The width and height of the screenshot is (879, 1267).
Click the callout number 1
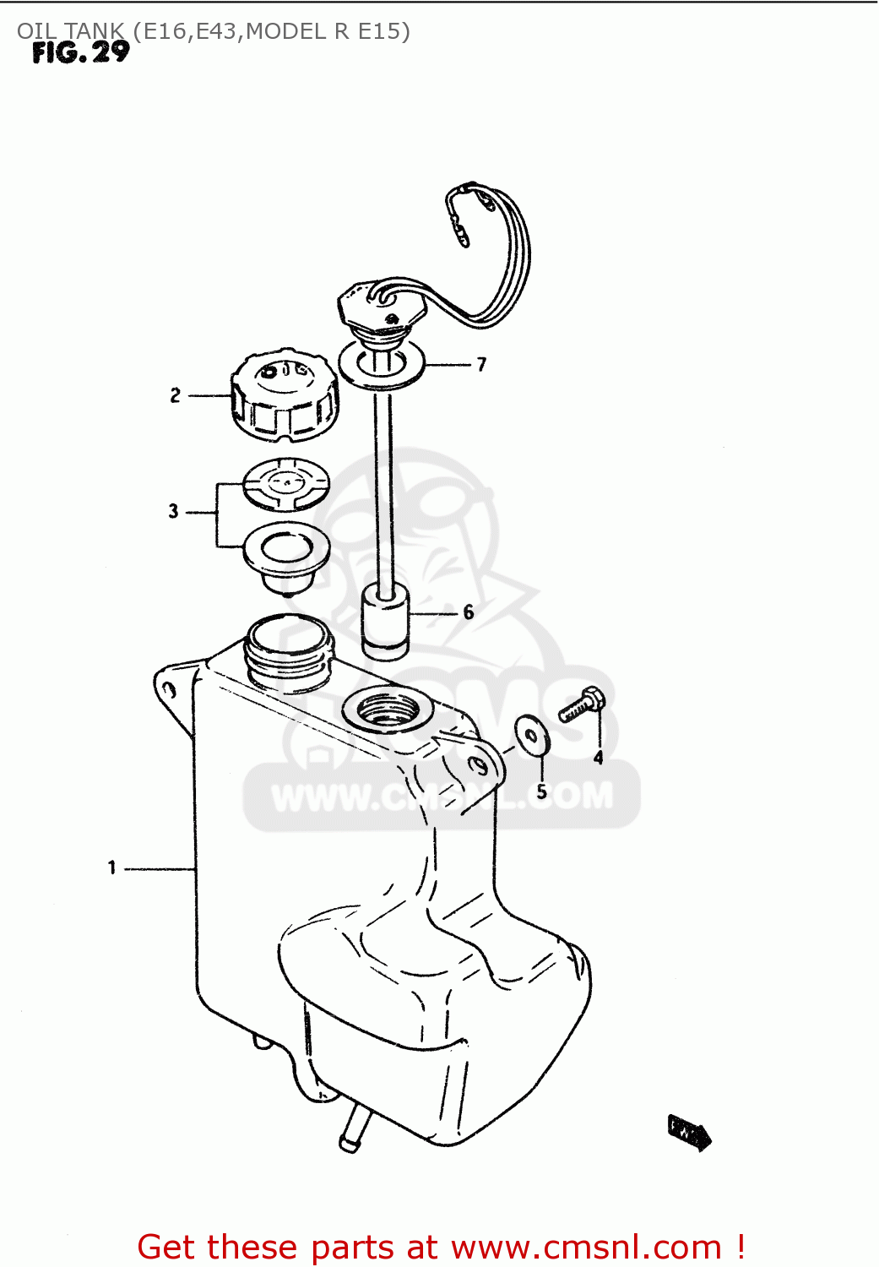click(x=111, y=867)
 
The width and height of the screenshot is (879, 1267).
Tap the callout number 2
click(x=175, y=395)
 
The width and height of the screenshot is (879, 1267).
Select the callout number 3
click(x=173, y=511)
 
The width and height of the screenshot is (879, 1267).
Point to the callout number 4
click(x=598, y=758)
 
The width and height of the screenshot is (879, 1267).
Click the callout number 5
click(x=541, y=791)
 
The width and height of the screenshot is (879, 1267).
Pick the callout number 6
click(x=469, y=612)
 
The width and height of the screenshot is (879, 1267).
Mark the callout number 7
click(x=481, y=365)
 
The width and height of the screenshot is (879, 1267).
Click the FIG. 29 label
click(x=81, y=53)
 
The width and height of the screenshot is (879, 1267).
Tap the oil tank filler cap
click(x=285, y=395)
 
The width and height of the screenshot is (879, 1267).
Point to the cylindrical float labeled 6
click(x=385, y=623)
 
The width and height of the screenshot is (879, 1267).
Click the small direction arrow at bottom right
click(x=689, y=1131)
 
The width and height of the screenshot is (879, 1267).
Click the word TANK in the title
click(x=93, y=31)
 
